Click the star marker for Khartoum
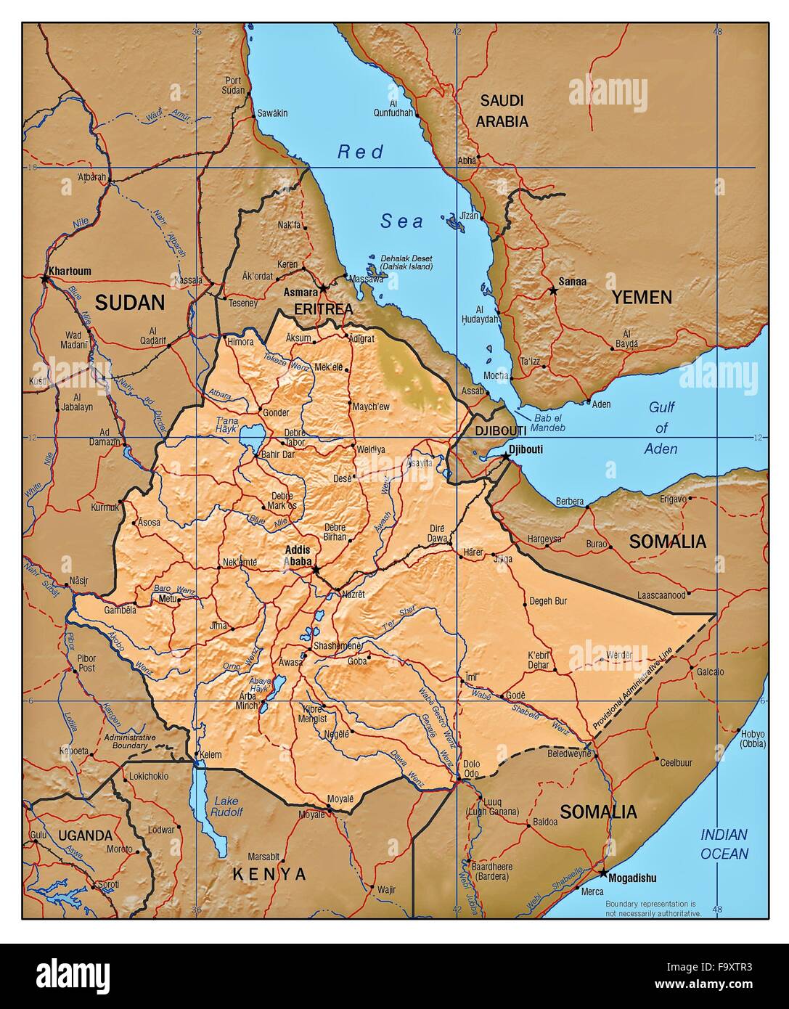pos(45,277)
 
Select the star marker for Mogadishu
pos(603,872)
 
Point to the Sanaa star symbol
pos(554,290)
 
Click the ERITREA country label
pos(323,309)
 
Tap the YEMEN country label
pos(641,297)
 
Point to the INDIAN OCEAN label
pos(724,844)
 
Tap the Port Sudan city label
pos(234,85)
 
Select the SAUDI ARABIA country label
pos(502,111)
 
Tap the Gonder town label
pos(276,412)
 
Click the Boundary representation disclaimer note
pos(653,907)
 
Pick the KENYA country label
pos(269,874)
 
